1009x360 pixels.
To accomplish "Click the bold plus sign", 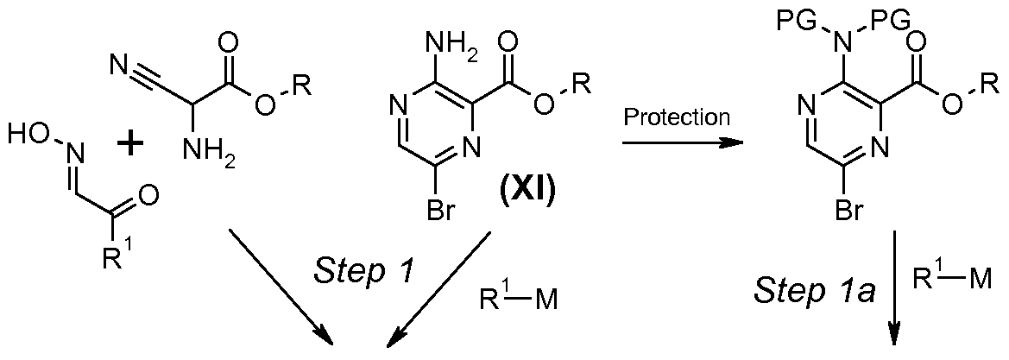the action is (132, 142).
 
